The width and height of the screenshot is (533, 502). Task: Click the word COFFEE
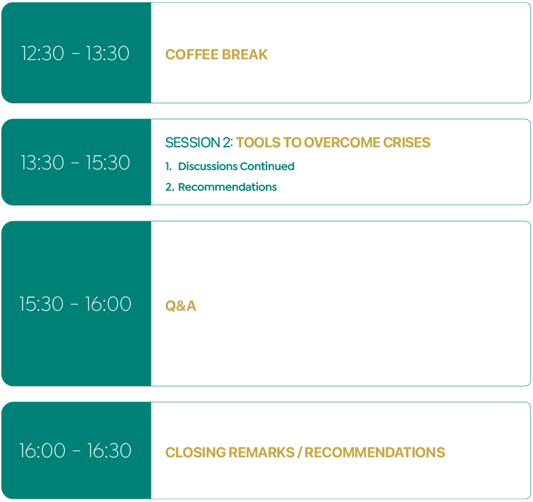(191, 55)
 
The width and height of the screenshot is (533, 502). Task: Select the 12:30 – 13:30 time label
(75, 53)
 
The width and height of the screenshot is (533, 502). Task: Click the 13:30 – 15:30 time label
(75, 163)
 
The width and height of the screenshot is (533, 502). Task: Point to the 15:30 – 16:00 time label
(75, 304)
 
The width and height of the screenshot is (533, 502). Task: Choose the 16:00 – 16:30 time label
(75, 451)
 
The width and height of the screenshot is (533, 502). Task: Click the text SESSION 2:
(199, 143)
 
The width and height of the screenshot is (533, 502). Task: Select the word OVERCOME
(342, 143)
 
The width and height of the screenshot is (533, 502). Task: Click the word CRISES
(407, 143)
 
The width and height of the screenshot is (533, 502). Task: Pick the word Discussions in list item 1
(208, 166)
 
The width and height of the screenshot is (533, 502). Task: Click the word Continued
(267, 166)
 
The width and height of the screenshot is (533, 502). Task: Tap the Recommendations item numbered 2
(227, 187)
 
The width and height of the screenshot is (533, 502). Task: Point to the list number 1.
(169, 166)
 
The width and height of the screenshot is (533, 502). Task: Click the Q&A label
(181, 306)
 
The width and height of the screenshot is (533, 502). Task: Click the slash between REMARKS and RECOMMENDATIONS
(299, 453)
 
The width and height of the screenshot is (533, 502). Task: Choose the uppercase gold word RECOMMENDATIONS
(375, 453)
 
